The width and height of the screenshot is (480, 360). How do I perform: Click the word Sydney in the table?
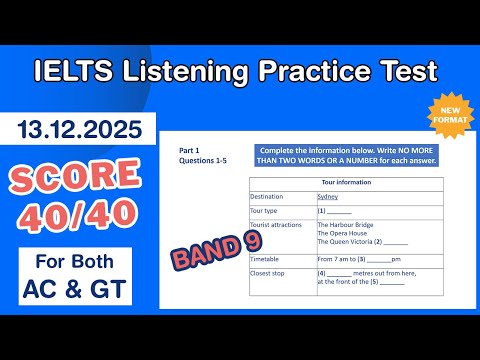[x=327, y=196]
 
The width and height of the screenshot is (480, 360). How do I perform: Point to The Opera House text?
[x=340, y=234]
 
